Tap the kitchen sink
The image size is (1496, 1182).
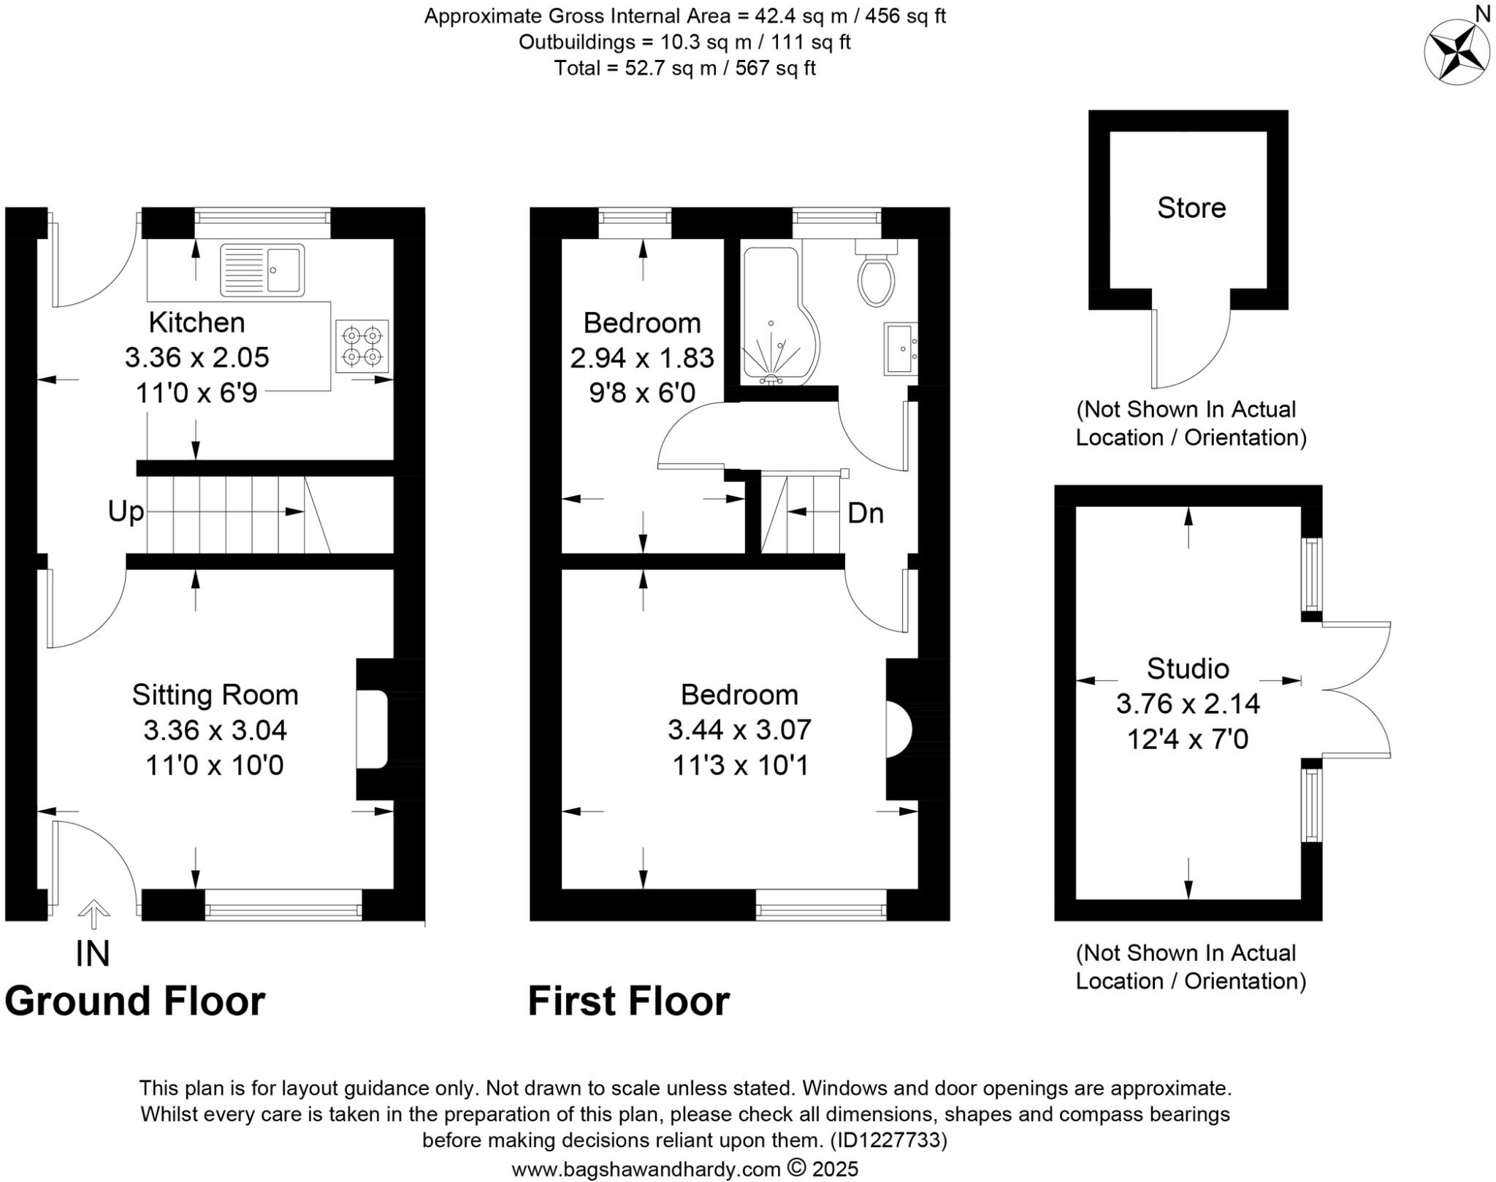pos(262,270)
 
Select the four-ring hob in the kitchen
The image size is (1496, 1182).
pos(362,346)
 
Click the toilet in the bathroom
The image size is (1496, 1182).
pos(876,278)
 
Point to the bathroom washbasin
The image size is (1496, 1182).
pos(900,348)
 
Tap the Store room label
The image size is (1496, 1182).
pos(1191,208)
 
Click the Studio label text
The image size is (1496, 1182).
pos(1188,668)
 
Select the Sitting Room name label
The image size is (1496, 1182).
pos(215,695)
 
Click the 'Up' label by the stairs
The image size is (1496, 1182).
pos(126,511)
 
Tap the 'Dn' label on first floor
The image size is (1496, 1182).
pos(866,513)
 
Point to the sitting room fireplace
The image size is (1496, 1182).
pos(373,729)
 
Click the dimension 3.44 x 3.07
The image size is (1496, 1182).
pos(739,730)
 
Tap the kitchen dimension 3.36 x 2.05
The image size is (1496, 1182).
pos(196,358)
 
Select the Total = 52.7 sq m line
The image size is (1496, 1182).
pos(684,69)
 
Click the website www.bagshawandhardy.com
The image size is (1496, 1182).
pos(646,1169)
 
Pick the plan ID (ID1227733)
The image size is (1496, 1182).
pos(888,1140)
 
